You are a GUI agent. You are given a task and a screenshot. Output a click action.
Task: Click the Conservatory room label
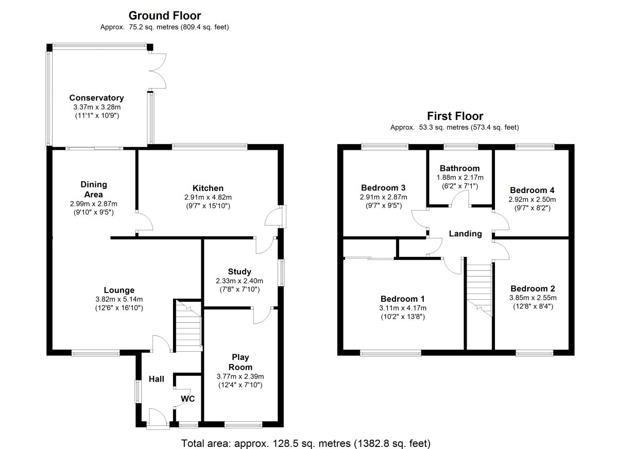[x=96, y=98]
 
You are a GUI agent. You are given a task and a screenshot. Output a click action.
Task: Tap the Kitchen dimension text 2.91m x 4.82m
[x=208, y=197]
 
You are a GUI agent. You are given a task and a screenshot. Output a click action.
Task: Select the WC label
[x=187, y=399]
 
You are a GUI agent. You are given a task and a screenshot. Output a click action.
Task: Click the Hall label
[x=157, y=379]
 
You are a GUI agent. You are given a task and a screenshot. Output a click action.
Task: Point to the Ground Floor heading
[x=165, y=16]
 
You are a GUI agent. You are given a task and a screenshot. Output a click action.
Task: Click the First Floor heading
[x=455, y=116]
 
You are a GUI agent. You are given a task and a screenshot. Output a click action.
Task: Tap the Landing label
[x=466, y=234]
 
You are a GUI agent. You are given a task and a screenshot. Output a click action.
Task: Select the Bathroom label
[x=459, y=168]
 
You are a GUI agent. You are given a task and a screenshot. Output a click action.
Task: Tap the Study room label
[x=239, y=271]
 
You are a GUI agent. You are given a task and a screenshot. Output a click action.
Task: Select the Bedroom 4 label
[x=532, y=190]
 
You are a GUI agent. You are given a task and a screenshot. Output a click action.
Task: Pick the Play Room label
[x=241, y=362]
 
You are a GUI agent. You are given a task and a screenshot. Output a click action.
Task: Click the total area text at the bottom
[x=306, y=443]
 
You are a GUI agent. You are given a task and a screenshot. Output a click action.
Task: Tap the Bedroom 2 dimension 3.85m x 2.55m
[x=533, y=298]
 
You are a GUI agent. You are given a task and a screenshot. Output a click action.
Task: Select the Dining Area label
[x=94, y=189]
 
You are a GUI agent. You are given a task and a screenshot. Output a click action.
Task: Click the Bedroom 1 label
[x=403, y=299]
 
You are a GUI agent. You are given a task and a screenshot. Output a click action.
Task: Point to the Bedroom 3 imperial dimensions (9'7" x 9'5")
[x=384, y=206]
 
